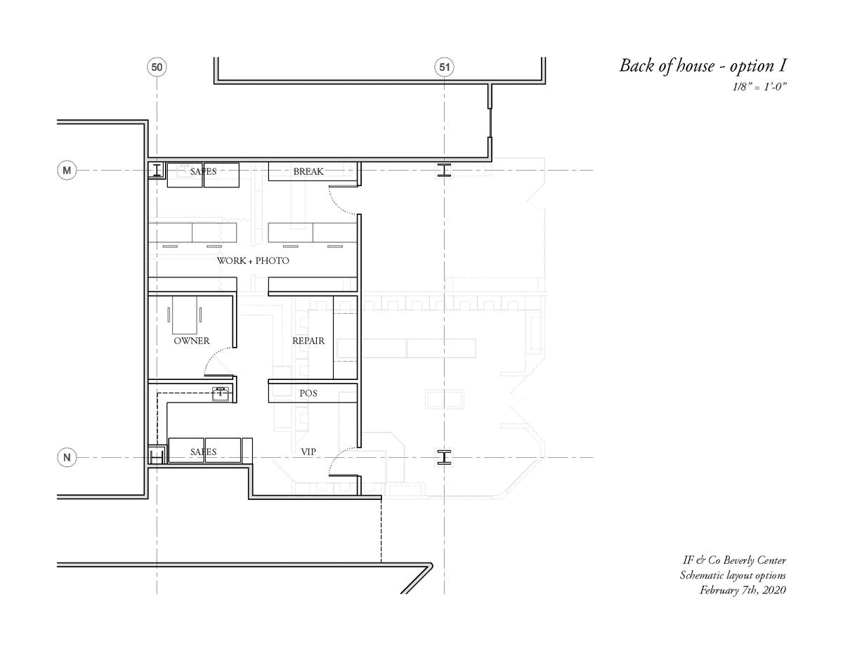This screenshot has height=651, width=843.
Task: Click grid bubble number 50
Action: tap(157, 67)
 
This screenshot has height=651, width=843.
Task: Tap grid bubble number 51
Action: tap(444, 67)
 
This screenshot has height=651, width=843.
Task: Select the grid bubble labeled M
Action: tap(67, 170)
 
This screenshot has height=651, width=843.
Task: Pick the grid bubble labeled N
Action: tap(67, 457)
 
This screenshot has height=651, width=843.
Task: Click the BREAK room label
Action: tap(308, 171)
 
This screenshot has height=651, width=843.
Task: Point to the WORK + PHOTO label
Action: tap(253, 261)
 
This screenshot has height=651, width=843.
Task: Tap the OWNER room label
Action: tap(192, 341)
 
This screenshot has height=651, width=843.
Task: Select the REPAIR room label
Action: tap(308, 341)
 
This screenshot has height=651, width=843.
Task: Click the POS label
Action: tap(308, 393)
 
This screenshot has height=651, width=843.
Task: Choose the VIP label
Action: tap(308, 452)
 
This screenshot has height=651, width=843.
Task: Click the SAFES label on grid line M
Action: tap(203, 171)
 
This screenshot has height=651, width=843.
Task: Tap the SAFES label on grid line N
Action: tap(203, 452)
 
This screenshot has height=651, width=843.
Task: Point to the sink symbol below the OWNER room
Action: tap(221, 394)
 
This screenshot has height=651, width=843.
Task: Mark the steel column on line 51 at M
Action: tap(444, 170)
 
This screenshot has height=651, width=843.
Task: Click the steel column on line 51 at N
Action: tap(444, 457)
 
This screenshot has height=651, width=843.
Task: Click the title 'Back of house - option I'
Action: tap(702, 66)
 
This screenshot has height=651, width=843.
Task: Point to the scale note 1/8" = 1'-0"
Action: tap(759, 87)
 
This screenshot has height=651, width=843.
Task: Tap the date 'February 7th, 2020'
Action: tap(743, 590)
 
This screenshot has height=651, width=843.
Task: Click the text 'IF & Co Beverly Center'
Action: tap(734, 560)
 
